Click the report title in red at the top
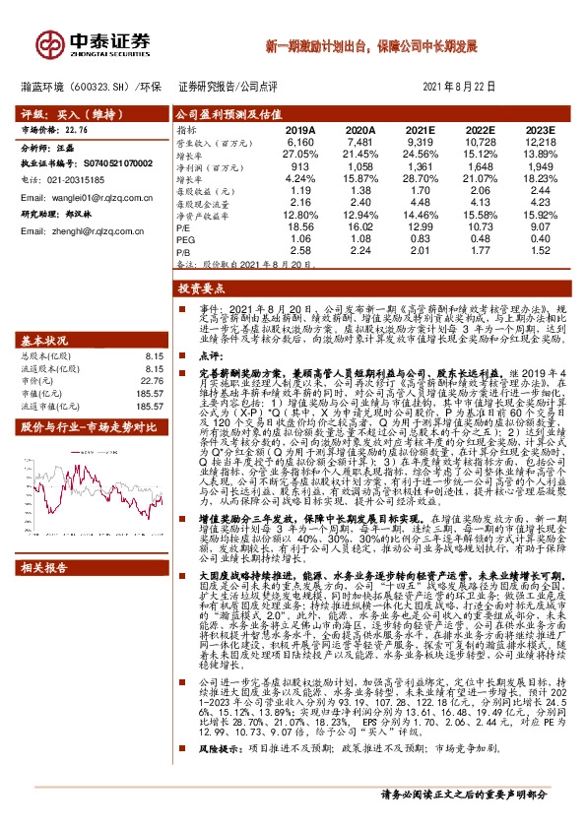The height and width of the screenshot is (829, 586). (x=371, y=46)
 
